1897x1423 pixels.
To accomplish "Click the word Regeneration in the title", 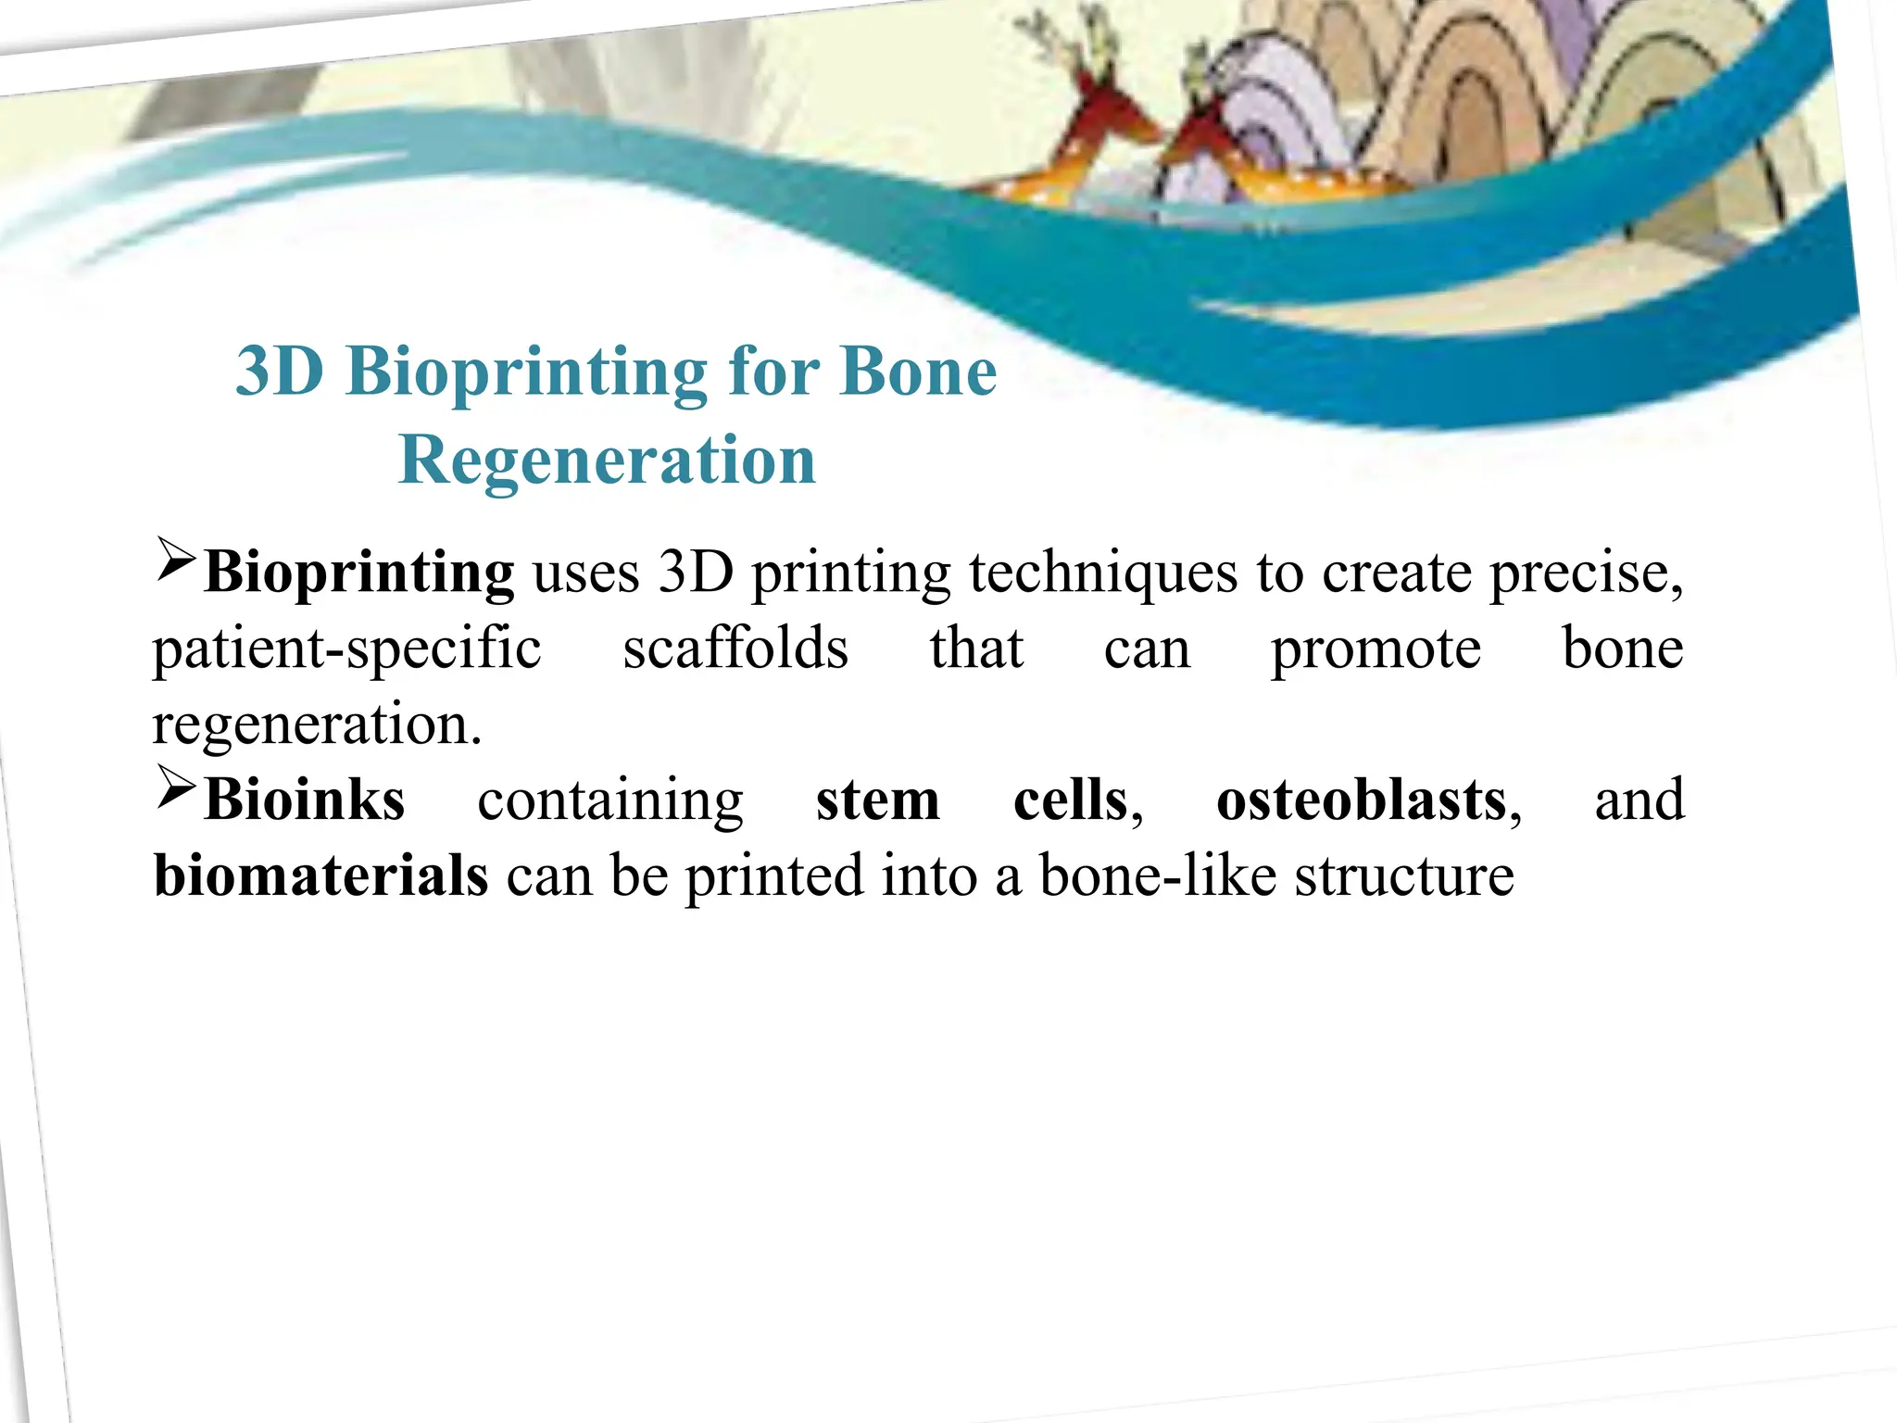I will (x=607, y=460).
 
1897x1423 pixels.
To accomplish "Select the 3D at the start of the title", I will (x=280, y=371).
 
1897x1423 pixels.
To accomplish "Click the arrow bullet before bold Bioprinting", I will (x=175, y=560).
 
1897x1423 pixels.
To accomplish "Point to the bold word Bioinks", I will (x=304, y=800).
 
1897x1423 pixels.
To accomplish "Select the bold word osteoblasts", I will (x=1362, y=800).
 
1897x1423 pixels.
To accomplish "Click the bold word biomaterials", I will (x=320, y=875).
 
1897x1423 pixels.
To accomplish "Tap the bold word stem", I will (x=877, y=800).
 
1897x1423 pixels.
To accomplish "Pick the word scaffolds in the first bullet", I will (x=735, y=649).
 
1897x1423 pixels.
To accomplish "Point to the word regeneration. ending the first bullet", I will (x=317, y=725).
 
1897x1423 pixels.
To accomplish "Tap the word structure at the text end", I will (x=1403, y=876).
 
